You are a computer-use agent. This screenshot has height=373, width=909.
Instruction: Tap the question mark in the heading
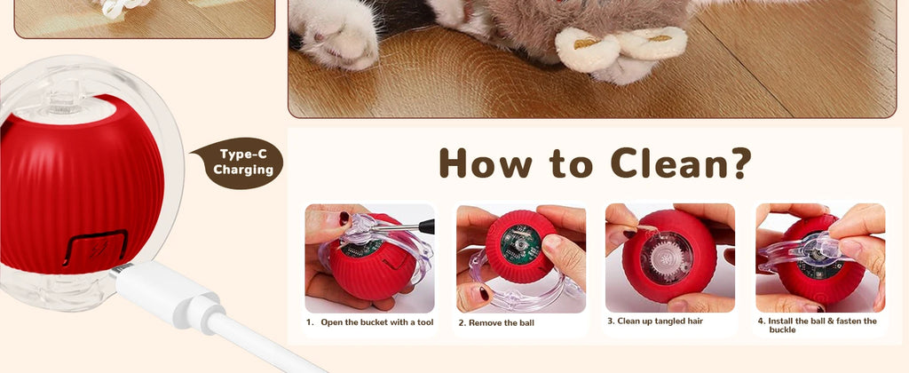(738, 163)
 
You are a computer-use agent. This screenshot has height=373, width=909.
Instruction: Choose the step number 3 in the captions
(610, 321)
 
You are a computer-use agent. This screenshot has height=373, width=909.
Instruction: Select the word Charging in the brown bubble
(243, 170)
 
